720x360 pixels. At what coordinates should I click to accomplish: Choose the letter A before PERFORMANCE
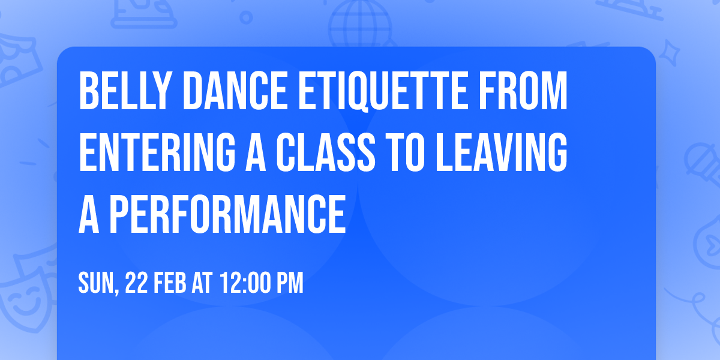coord(88,215)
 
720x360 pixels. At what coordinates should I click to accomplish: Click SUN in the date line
coord(97,283)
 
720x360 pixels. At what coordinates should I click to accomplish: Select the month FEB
coord(172,283)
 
